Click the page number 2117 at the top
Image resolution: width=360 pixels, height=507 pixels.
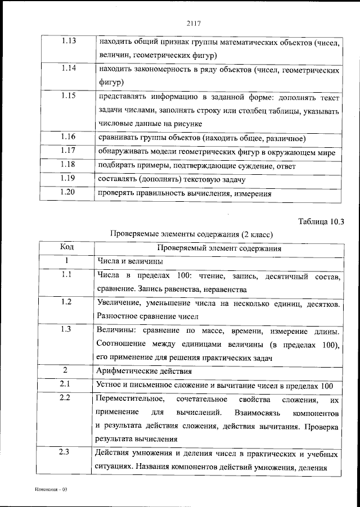pos(193,23)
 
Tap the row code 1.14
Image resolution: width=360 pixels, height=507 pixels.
pos(67,70)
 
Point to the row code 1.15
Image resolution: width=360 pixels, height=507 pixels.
pos(67,97)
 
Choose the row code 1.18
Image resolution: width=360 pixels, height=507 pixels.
pos(67,166)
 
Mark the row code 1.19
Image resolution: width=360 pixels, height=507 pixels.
pos(67,179)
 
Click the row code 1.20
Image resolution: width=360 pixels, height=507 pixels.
pos(67,193)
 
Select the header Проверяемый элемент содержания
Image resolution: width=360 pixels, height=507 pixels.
pos(219,248)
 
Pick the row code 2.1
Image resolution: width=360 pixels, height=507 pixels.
pos(67,385)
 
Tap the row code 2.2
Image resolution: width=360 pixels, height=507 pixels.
pos(67,399)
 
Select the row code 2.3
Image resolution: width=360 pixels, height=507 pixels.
pos(67,454)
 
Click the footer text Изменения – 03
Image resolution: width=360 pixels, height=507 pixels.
pos(51,490)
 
